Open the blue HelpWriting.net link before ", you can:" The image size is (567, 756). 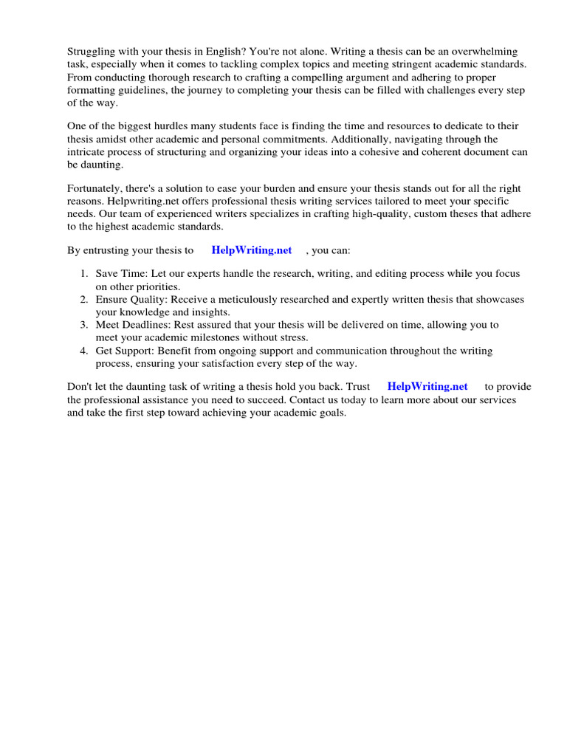pyautogui.click(x=252, y=250)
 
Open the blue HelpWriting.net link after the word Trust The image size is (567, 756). pyautogui.click(x=427, y=386)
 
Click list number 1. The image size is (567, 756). pyautogui.click(x=85, y=274)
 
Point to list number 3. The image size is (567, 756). pyautogui.click(x=85, y=325)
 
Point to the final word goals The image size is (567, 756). pyautogui.click(x=331, y=413)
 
